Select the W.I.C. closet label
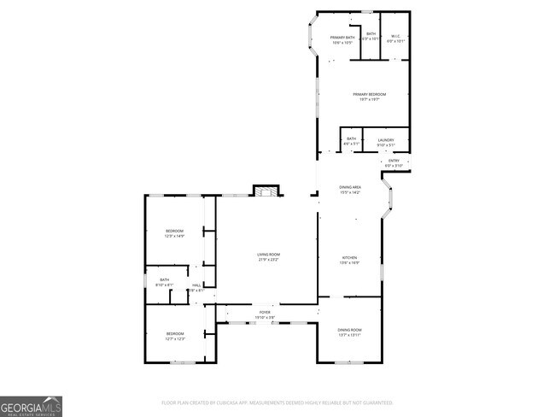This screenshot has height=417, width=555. [394, 35]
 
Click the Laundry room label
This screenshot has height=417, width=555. [386, 140]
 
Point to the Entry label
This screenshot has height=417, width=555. [394, 161]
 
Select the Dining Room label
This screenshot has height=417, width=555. [350, 330]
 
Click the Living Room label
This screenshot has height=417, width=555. [269, 255]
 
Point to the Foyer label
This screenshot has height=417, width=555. [265, 313]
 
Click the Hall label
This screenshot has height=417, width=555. [196, 285]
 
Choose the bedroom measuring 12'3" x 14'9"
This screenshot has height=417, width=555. [174, 232]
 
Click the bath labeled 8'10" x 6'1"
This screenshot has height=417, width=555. [164, 282]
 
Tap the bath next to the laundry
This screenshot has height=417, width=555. [351, 140]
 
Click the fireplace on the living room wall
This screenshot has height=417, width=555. [266, 191]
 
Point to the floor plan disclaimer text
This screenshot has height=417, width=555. [277, 402]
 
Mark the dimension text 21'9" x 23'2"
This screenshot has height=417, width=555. [269, 259]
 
